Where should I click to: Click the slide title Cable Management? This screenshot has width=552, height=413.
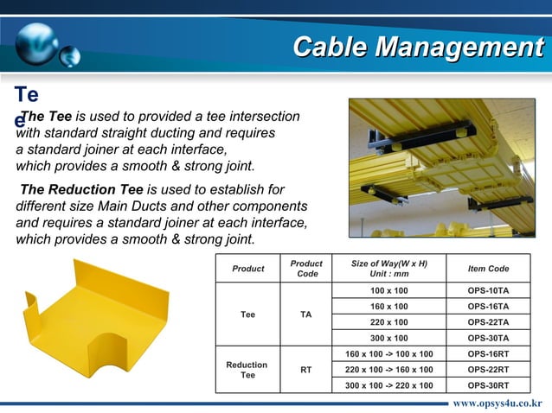[417, 47]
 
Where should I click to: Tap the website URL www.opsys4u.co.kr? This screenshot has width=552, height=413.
[497, 403]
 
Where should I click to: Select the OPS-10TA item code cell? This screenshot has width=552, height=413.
[488, 290]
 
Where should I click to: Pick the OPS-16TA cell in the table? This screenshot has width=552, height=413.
[488, 306]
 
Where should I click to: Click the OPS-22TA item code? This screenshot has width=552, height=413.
[488, 321]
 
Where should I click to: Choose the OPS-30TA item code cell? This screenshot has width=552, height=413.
[488, 338]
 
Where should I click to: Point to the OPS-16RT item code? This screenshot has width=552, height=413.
[488, 353]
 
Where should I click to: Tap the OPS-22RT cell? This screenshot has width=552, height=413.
[488, 369]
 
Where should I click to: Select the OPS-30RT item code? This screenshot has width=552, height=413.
[488, 384]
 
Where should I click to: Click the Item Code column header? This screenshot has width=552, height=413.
[488, 269]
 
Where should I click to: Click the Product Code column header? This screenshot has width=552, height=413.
[306, 269]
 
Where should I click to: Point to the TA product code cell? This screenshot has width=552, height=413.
[306, 315]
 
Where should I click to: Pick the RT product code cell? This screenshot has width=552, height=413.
[306, 370]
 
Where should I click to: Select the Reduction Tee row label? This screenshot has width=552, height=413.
[247, 370]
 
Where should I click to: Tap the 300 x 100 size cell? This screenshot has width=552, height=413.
[389, 338]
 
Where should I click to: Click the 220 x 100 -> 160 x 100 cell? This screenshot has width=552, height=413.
[389, 369]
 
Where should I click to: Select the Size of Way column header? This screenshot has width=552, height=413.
[389, 269]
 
